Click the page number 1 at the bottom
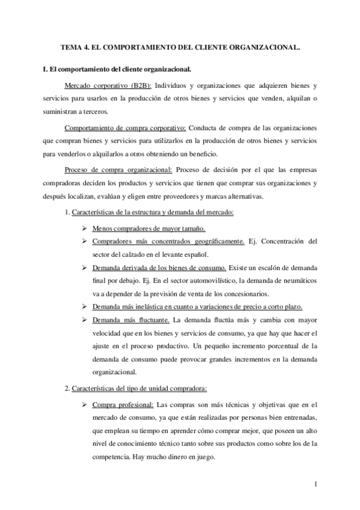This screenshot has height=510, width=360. click(315, 484)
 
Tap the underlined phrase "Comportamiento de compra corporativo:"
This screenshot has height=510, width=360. click(125, 128)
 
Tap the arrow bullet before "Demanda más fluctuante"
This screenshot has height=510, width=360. click(87, 319)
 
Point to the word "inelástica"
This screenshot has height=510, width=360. click(149, 306)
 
